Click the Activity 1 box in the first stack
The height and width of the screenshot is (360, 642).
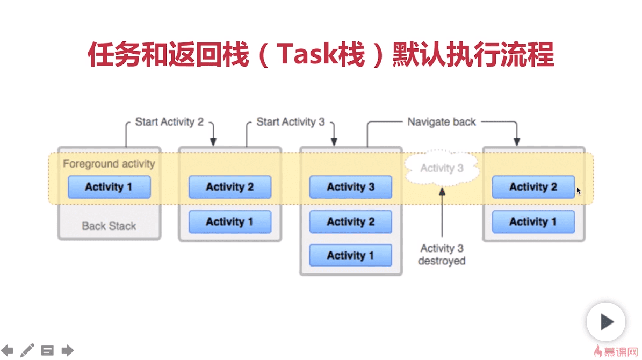pyautogui.click(x=109, y=187)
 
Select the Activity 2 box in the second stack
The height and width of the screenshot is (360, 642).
pyautogui.click(x=229, y=187)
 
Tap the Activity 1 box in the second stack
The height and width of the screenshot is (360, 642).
pyautogui.click(x=229, y=221)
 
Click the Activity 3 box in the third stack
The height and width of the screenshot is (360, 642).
pyautogui.click(x=350, y=187)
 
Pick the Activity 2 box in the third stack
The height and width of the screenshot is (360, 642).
pyautogui.click(x=350, y=221)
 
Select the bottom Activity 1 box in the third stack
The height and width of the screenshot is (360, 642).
pyautogui.click(x=350, y=255)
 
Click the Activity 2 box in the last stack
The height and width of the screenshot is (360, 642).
pyautogui.click(x=533, y=187)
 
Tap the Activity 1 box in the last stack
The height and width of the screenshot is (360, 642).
pyautogui.click(x=533, y=221)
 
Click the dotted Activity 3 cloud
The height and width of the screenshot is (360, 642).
pyautogui.click(x=442, y=168)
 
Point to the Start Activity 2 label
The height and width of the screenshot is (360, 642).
pyautogui.click(x=169, y=122)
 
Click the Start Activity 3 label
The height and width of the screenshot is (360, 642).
pyautogui.click(x=291, y=122)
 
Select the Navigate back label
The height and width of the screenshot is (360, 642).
pyautogui.click(x=442, y=122)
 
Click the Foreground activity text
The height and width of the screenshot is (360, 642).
pyautogui.click(x=109, y=163)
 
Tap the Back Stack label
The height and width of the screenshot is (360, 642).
pyautogui.click(x=109, y=226)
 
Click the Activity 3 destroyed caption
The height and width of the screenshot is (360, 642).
pyautogui.click(x=442, y=255)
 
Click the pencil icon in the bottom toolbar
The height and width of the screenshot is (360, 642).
pyautogui.click(x=27, y=350)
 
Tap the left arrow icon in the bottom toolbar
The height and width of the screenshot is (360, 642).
pyautogui.click(x=7, y=350)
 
